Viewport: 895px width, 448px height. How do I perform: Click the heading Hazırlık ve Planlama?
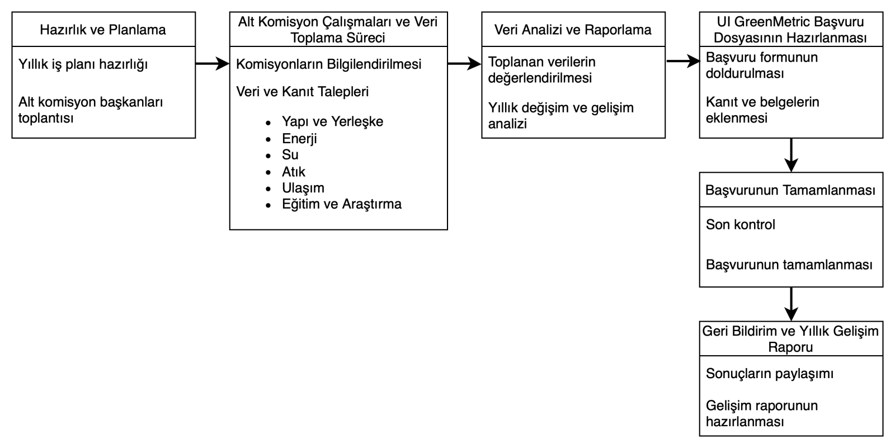[103, 30]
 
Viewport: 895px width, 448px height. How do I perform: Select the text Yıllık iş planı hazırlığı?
[83, 64]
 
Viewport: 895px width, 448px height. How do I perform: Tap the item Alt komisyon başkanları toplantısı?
[91, 110]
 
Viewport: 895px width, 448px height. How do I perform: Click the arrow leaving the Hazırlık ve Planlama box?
[212, 64]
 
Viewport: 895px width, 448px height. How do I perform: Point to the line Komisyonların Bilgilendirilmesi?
[328, 64]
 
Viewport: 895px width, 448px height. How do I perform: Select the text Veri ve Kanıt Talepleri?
[302, 91]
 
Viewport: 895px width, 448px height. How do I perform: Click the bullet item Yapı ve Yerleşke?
[332, 121]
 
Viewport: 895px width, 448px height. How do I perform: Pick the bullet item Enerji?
[299, 138]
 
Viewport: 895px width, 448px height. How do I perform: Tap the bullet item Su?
[290, 154]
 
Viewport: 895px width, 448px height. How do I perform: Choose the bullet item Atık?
[293, 171]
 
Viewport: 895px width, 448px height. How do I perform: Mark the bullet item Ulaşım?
[303, 187]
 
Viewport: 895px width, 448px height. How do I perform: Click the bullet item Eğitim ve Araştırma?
[341, 204]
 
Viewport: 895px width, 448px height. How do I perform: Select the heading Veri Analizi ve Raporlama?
[573, 30]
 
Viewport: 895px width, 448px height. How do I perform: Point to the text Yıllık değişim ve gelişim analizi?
[560, 115]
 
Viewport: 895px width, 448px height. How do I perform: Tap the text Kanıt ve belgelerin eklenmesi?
[762, 110]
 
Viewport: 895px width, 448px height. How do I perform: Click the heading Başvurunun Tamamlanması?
[790, 190]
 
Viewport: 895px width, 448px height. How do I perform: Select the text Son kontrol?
[740, 224]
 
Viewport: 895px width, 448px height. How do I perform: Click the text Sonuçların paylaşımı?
[769, 374]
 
